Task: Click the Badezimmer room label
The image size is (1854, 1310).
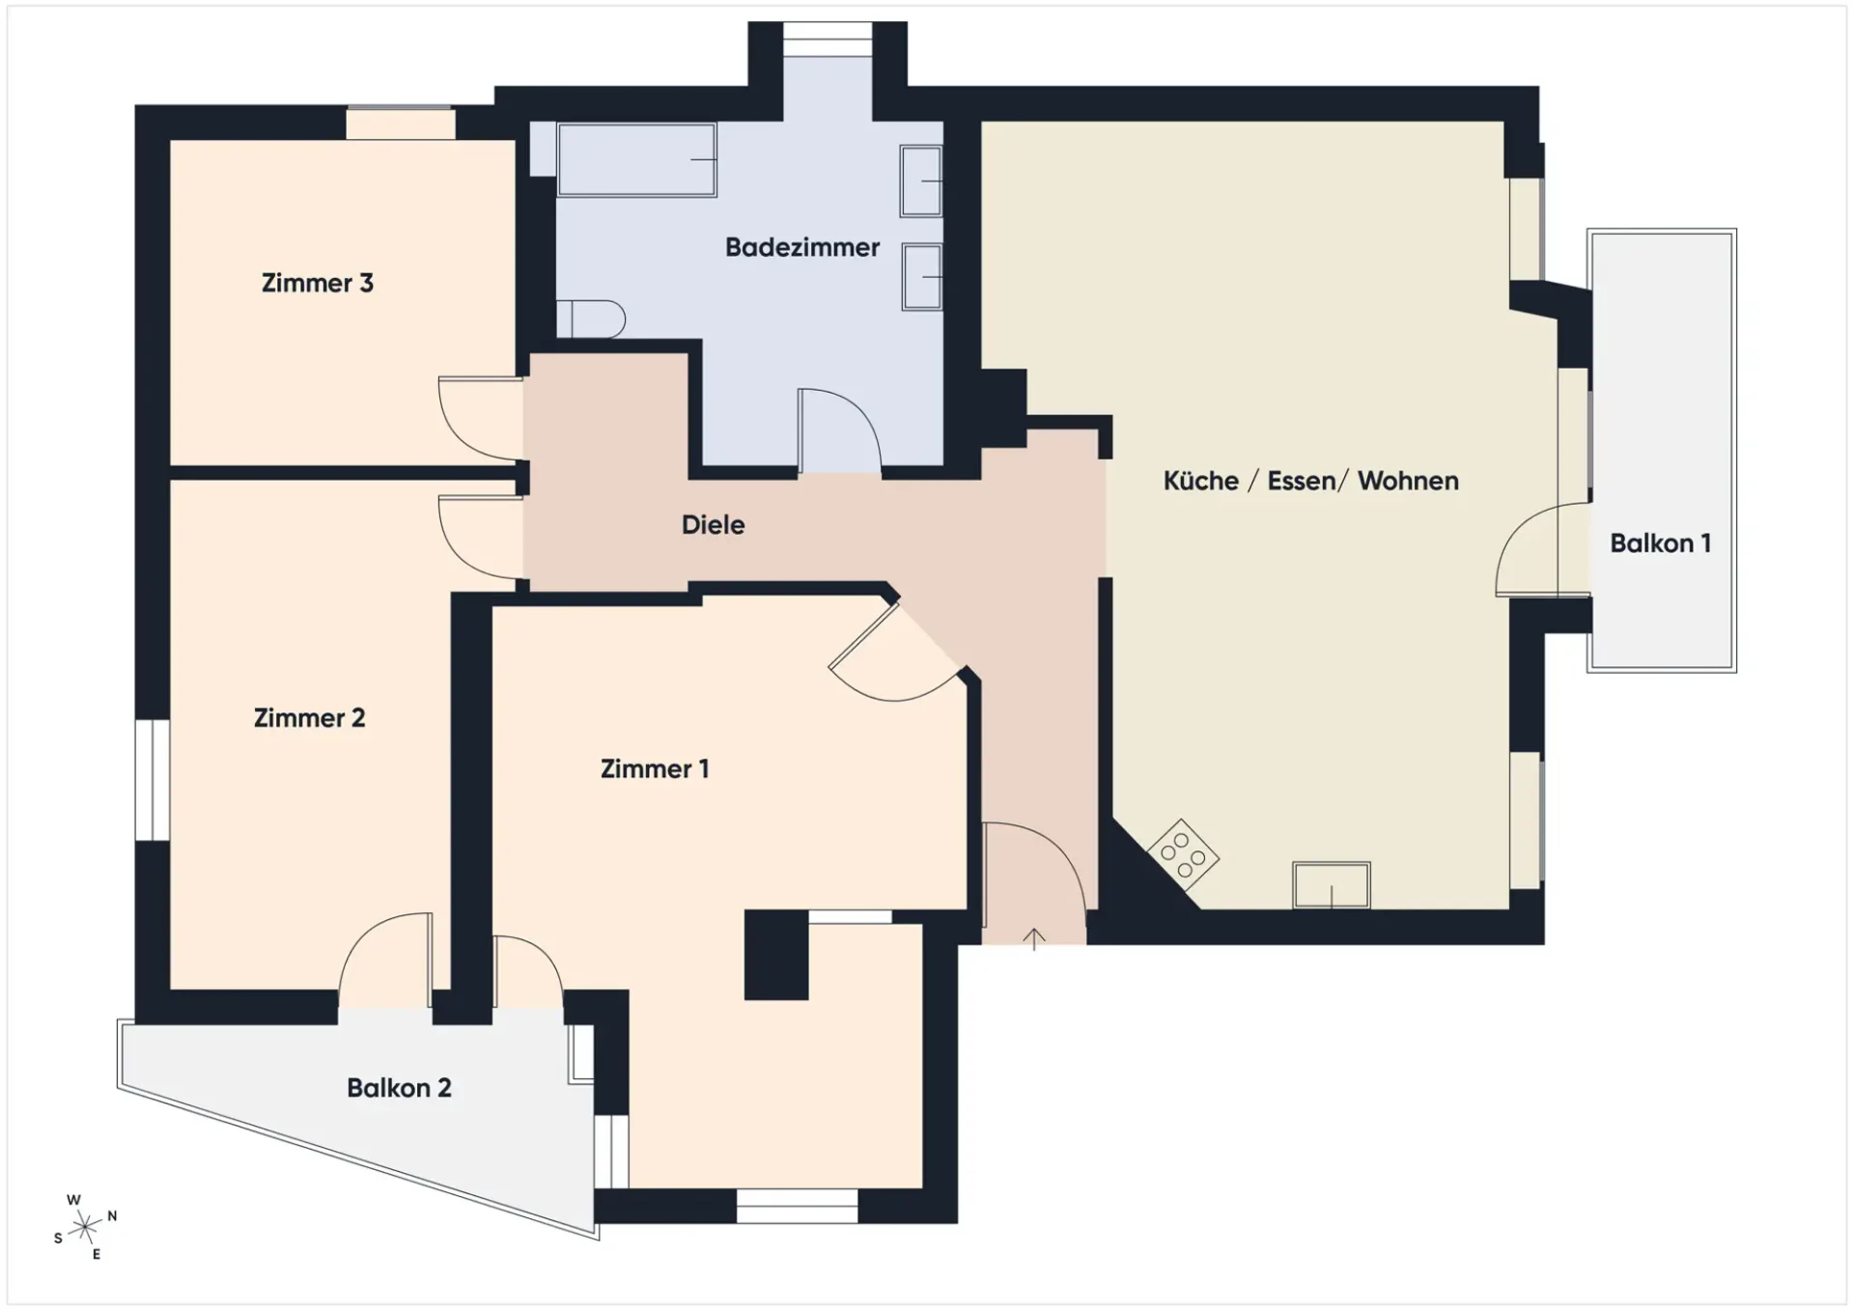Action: (801, 247)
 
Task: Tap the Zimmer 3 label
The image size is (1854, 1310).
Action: (317, 283)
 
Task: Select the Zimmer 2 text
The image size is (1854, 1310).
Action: (309, 717)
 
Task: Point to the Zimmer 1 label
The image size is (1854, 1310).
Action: (655, 768)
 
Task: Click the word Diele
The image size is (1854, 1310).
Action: (713, 524)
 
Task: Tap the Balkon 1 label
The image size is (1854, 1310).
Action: (1660, 543)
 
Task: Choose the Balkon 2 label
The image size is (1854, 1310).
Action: (399, 1088)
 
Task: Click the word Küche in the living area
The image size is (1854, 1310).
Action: (1200, 480)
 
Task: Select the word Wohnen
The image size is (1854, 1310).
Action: (1408, 480)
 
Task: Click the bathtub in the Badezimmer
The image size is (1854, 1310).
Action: (636, 159)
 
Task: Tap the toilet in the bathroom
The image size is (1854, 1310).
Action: (590, 319)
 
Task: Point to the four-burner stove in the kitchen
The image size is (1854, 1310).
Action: (1183, 854)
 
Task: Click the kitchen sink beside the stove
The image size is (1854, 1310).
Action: (1331, 884)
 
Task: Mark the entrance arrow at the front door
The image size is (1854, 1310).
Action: (1034, 938)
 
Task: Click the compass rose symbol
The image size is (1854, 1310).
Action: (85, 1227)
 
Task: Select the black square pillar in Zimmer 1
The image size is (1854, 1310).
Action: (776, 955)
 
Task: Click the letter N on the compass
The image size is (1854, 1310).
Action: (112, 1216)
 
